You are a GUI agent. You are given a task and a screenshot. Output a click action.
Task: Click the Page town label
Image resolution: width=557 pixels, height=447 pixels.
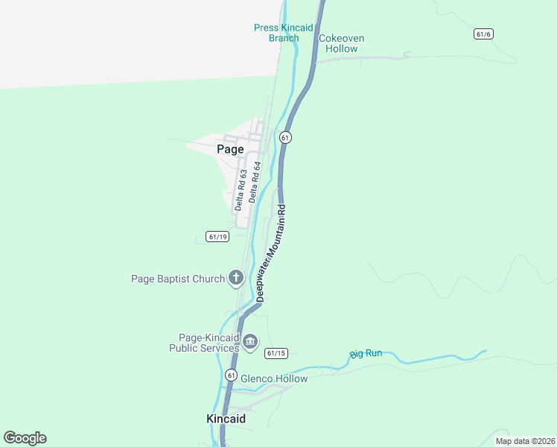pyautogui.click(x=230, y=149)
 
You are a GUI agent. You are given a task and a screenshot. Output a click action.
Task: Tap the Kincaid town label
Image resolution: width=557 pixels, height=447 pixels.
pyautogui.click(x=226, y=419)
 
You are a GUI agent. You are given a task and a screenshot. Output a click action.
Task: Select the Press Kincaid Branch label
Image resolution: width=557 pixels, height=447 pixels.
pyautogui.click(x=283, y=33)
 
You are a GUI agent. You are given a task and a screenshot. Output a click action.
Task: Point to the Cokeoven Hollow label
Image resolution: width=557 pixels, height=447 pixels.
pyautogui.click(x=338, y=43)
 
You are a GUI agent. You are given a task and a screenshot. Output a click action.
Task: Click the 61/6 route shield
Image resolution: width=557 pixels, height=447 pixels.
pyautogui.click(x=483, y=34)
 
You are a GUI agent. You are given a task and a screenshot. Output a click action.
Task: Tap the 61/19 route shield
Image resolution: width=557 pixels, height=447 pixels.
pyautogui.click(x=217, y=237)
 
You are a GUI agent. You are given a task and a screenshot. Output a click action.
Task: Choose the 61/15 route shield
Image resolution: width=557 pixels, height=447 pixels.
pyautogui.click(x=276, y=353)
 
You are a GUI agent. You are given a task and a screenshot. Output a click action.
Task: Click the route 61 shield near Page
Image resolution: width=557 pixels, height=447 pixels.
pyautogui.click(x=285, y=138)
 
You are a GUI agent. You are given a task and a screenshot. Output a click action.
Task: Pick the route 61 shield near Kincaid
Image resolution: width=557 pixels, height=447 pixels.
pyautogui.click(x=232, y=375)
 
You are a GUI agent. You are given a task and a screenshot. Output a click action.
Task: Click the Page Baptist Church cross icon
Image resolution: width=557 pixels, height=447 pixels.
pyautogui.click(x=236, y=279)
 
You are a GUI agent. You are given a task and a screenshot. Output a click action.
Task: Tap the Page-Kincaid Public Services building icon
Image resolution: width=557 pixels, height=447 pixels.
pyautogui.click(x=250, y=342)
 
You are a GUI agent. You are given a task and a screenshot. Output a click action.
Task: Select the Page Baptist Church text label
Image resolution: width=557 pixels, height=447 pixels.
pyautogui.click(x=177, y=279)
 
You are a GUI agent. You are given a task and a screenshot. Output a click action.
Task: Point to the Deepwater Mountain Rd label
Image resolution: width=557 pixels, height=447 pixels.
pyautogui.click(x=271, y=253)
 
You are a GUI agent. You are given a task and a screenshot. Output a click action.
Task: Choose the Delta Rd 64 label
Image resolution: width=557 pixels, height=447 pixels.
pyautogui.click(x=255, y=182)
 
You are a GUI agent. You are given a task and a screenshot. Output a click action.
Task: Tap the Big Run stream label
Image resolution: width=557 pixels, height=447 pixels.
pyautogui.click(x=366, y=353)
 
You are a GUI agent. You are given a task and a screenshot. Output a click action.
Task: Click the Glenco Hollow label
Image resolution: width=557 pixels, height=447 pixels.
pyautogui.click(x=273, y=378)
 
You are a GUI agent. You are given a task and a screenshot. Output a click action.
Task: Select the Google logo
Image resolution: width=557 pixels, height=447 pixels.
pyautogui.click(x=25, y=438)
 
